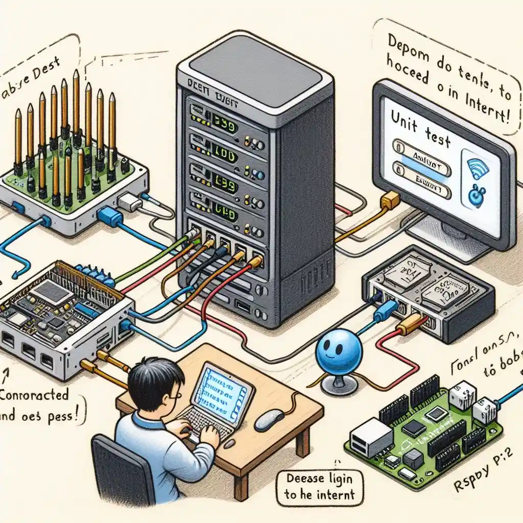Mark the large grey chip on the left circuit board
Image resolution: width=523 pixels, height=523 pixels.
coord(51,292)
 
